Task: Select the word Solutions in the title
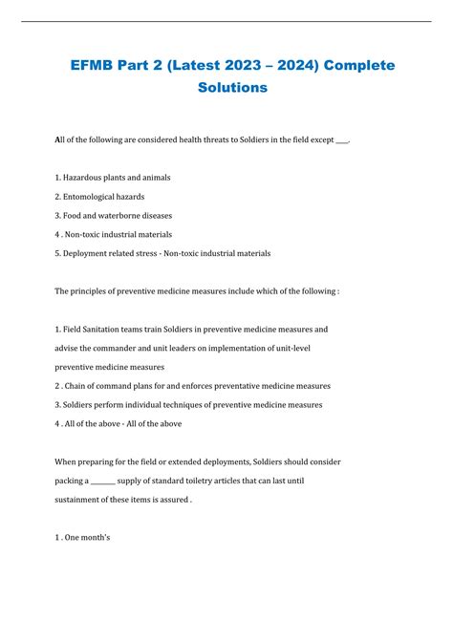click(226, 88)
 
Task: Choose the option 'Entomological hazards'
click(100, 197)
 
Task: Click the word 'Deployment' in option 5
click(89, 253)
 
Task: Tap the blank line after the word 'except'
click(342, 140)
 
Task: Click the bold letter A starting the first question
click(58, 140)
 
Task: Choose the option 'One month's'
click(86, 537)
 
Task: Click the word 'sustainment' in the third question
click(83, 499)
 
